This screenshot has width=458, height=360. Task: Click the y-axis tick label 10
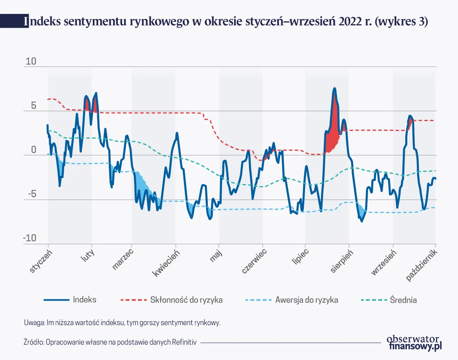pos(31,62)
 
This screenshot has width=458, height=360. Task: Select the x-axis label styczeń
pos(41,260)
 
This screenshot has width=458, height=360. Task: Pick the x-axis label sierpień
pos(342,261)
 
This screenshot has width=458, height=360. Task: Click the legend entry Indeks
pos(85,299)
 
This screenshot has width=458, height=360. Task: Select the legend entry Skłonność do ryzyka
pos(186,300)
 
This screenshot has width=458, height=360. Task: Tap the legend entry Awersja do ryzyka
pos(307,300)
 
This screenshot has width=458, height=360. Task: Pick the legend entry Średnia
pos(403,300)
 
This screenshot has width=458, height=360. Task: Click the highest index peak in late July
pos(334,89)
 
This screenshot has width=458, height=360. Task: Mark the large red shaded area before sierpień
pos(333,131)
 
